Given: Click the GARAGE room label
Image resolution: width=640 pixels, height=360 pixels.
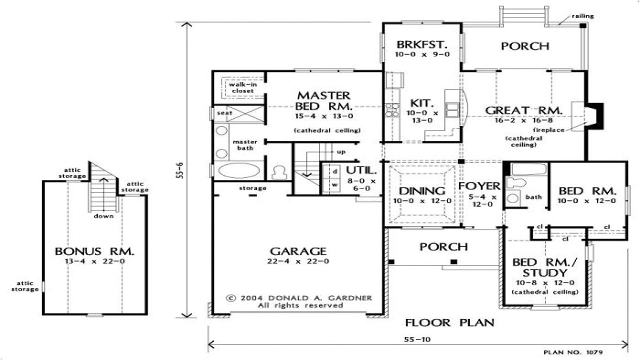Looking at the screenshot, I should click(298, 251).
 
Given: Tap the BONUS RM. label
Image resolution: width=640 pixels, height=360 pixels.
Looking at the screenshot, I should click(94, 251).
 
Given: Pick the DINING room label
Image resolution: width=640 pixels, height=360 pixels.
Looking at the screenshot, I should click(422, 191).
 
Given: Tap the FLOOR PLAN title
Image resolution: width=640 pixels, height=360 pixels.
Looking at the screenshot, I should click(449, 322).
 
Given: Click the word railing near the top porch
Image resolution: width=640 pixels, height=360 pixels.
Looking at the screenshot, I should click(583, 16).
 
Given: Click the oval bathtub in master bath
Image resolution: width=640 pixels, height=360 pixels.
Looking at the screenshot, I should click(239, 170).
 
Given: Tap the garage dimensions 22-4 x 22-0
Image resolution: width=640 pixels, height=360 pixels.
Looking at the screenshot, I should click(298, 261).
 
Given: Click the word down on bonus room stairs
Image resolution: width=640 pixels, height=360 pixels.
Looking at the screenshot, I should click(104, 216).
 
